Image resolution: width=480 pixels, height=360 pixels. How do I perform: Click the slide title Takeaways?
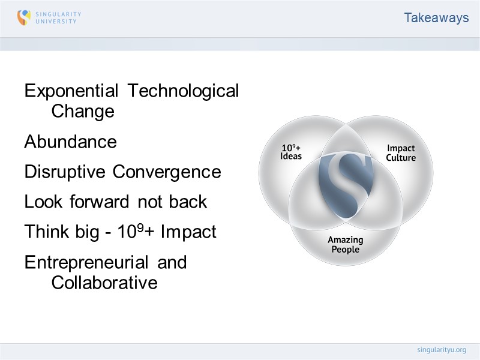[x=436, y=18]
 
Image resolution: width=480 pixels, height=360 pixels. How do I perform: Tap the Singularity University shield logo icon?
[x=24, y=17]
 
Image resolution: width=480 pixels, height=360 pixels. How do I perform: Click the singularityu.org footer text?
[x=441, y=349]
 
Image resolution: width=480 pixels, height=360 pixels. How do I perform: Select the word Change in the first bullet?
[x=83, y=112]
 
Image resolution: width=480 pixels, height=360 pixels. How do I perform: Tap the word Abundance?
[x=70, y=142]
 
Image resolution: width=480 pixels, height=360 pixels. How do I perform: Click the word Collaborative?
[x=104, y=283]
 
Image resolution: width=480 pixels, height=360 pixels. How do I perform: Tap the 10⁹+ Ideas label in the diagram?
[x=291, y=152]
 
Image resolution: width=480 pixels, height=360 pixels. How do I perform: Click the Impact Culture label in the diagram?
[x=400, y=153]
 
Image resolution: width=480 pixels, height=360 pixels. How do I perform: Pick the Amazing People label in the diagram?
[x=345, y=244]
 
